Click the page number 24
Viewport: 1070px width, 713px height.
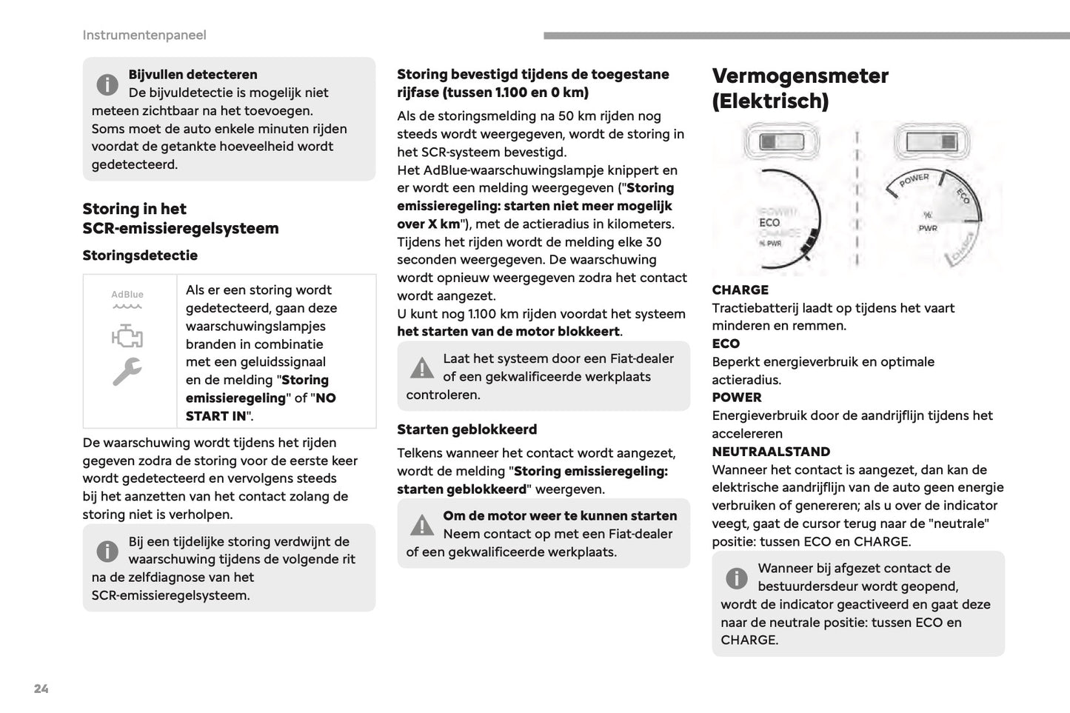click(x=41, y=689)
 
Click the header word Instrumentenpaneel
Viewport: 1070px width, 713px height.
click(x=144, y=35)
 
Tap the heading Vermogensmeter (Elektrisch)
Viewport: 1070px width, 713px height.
click(x=800, y=87)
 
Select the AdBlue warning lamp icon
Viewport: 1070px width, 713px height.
click(x=127, y=299)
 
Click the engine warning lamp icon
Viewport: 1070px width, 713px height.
click(x=127, y=337)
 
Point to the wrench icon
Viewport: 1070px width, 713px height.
click(x=127, y=372)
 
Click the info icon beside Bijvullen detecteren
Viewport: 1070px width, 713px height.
click(x=107, y=84)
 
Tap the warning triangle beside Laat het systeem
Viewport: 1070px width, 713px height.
click(x=422, y=368)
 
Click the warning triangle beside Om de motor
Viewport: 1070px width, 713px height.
click(x=422, y=525)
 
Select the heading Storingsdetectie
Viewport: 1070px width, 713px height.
click(x=140, y=255)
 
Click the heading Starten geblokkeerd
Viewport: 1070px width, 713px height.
click(x=467, y=429)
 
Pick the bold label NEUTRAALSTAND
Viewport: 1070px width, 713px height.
click(x=771, y=452)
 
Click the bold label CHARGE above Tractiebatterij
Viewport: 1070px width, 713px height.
click(x=740, y=290)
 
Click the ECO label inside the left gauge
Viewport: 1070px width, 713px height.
click(x=769, y=223)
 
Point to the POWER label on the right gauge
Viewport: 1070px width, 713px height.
click(x=914, y=179)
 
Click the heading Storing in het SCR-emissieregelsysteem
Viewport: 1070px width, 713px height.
click(x=180, y=218)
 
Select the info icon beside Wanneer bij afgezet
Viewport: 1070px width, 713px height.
click(x=737, y=578)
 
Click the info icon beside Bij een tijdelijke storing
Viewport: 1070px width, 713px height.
click(x=107, y=552)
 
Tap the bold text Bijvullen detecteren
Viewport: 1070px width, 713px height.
click(x=193, y=75)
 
